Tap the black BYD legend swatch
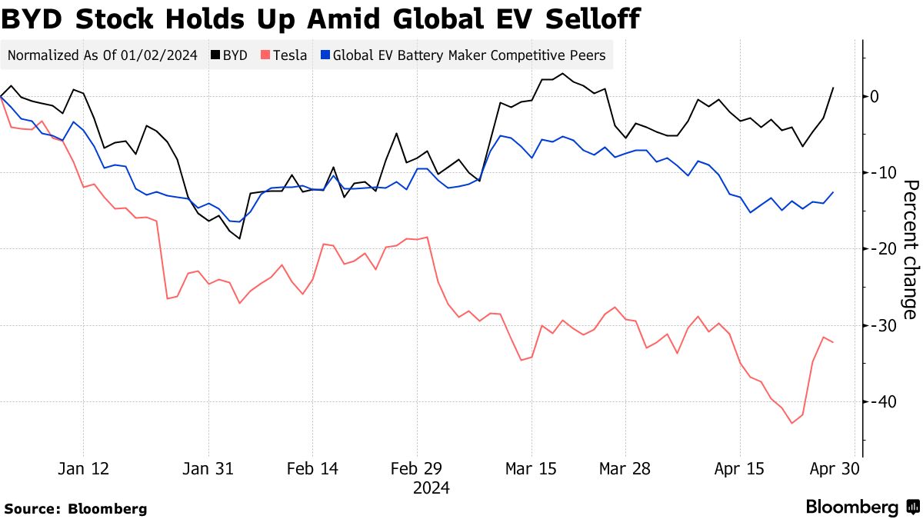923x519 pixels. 215,55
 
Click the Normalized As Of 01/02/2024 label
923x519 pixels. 102,55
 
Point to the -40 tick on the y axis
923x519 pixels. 878,402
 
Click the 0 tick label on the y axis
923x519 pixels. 875,96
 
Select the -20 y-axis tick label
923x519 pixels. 878,248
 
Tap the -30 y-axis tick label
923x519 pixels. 878,325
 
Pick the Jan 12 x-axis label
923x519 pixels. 83,468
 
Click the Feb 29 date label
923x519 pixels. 415,468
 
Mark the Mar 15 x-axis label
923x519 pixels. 531,468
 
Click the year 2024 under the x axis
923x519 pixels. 432,488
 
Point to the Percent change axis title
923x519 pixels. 911,249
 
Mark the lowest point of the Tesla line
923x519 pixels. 792,423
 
